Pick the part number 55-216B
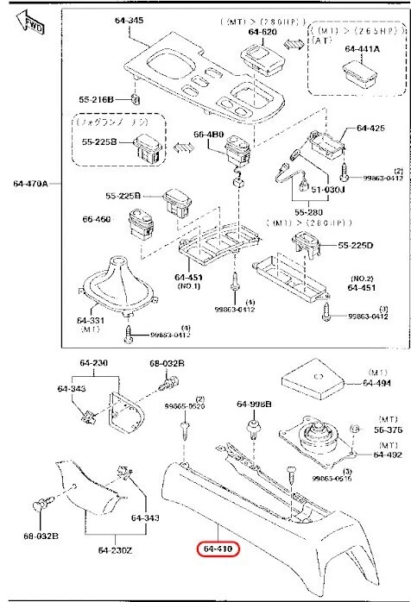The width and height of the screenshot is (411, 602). pos(98,100)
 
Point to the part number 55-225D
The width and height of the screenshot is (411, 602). pos(356,246)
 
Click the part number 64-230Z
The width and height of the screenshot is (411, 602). pos(113,549)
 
